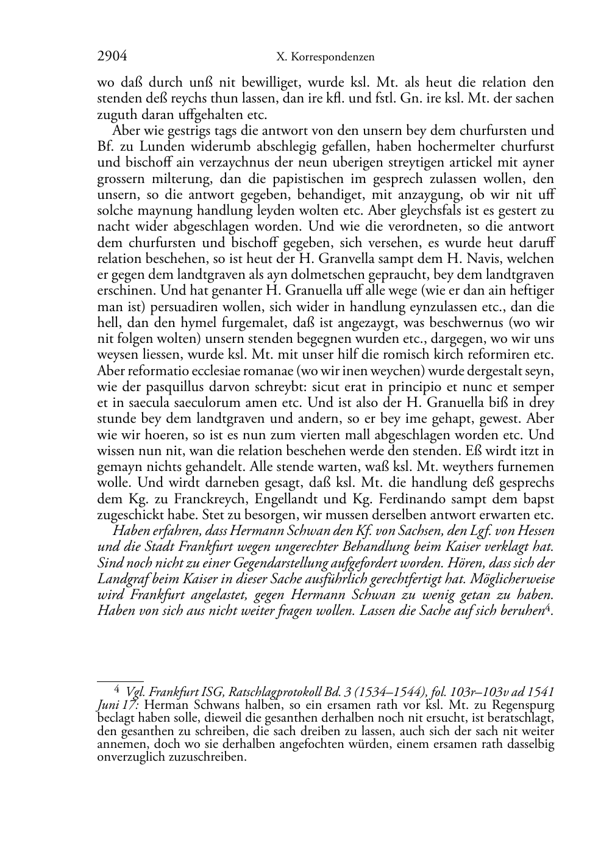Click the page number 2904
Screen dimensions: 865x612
coord(112,57)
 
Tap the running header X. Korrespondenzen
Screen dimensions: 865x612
coord(325,57)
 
